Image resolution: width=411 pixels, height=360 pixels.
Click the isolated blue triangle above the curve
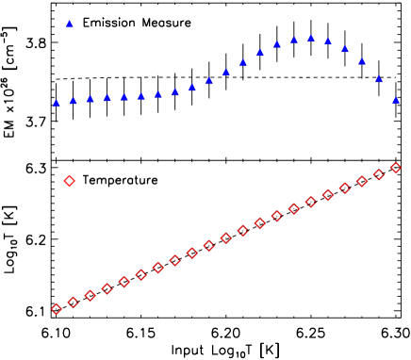[70, 24]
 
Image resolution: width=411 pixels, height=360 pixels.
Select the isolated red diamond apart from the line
[69, 180]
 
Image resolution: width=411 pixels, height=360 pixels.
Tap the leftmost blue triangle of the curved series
[57, 103]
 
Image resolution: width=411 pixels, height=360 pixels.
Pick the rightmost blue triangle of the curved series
[396, 100]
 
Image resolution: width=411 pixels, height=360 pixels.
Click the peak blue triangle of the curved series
[311, 39]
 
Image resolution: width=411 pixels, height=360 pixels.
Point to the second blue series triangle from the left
[74, 101]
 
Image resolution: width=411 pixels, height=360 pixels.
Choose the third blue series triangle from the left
[90, 99]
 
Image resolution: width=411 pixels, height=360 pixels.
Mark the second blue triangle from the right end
[379, 78]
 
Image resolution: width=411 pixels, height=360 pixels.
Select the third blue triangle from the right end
[362, 61]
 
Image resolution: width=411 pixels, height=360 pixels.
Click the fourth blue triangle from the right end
[345, 48]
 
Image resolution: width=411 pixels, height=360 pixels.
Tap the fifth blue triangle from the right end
[328, 41]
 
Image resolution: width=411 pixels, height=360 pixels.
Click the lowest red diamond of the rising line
[57, 309]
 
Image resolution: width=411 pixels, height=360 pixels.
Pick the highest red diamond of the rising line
[396, 168]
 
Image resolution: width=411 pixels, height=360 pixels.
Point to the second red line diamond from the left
[74, 303]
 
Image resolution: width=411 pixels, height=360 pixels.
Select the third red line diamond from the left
[90, 296]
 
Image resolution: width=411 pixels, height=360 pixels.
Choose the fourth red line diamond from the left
[107, 288]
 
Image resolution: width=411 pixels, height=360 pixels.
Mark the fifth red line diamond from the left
[124, 282]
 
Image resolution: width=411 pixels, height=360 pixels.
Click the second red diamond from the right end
[379, 174]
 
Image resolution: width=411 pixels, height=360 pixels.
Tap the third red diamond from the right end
[362, 181]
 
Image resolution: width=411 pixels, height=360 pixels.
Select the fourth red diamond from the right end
[345, 188]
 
